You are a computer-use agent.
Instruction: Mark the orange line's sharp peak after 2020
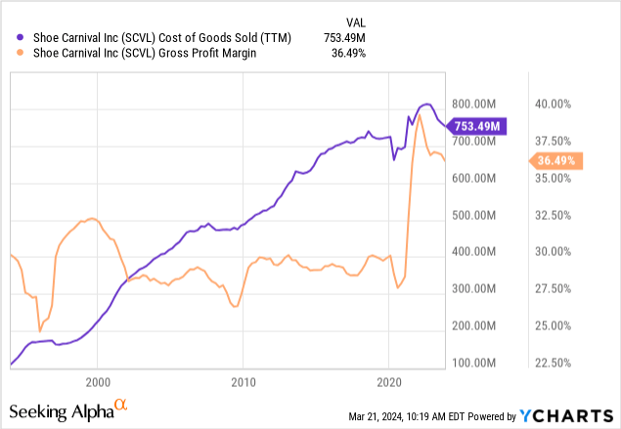pyautogui.click(x=419, y=115)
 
